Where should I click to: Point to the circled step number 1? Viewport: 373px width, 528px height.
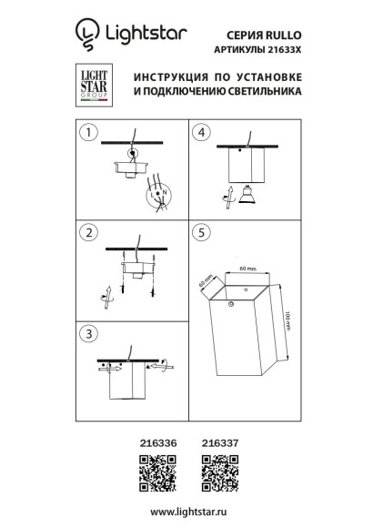click(x=87, y=133)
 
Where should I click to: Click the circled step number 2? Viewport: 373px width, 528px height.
click(x=87, y=233)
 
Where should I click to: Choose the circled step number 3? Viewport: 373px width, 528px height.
click(x=87, y=333)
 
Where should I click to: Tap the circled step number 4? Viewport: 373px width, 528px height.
click(x=203, y=133)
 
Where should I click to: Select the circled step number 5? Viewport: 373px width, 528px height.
click(x=203, y=233)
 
